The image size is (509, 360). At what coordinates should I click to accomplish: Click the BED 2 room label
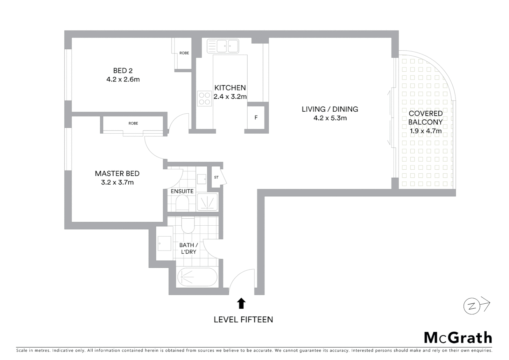tap(123, 71)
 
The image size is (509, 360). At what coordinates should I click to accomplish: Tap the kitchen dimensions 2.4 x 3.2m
tap(230, 97)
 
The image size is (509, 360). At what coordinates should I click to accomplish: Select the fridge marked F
tap(256, 118)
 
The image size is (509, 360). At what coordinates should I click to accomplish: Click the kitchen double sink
tap(223, 46)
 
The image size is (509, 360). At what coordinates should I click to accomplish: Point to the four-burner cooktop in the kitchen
tap(205, 98)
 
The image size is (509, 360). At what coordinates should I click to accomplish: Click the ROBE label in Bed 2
tap(184, 53)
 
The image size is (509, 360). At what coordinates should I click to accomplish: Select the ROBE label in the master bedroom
tap(133, 123)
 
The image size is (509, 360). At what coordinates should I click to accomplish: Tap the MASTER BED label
tap(117, 173)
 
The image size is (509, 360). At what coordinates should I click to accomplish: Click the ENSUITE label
tap(182, 191)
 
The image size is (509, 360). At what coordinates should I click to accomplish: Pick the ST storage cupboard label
tap(216, 177)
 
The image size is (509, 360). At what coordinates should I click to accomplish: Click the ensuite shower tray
tap(207, 202)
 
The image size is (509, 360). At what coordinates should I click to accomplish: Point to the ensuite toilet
tap(182, 203)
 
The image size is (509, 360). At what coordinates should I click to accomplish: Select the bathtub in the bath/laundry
tap(197, 277)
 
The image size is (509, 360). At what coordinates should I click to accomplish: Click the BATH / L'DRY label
tap(189, 248)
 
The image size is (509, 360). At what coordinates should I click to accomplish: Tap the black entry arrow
tap(241, 303)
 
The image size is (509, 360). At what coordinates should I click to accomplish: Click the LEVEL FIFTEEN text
tap(243, 319)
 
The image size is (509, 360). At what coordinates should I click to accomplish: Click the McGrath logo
tap(458, 338)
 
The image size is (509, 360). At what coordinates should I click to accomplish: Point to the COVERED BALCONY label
tap(425, 118)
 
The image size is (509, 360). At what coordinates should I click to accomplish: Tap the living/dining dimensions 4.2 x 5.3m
tap(330, 118)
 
